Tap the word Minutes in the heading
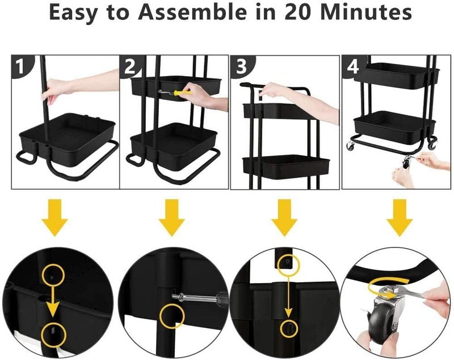click(367, 12)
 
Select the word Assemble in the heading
click(192, 12)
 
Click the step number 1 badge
click(20, 66)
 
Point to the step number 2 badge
click(129, 66)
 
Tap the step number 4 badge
click(352, 66)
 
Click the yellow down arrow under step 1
click(54, 217)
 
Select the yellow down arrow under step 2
click(171, 217)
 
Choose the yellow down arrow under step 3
click(284, 217)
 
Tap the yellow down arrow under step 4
click(400, 217)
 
